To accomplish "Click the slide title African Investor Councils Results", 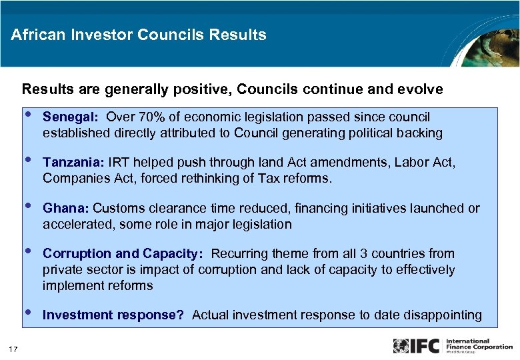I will [x=139, y=35].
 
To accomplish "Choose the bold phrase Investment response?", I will [x=113, y=315].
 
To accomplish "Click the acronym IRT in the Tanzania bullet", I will [x=119, y=163].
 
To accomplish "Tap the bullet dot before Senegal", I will [x=27, y=115].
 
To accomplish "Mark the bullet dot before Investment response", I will [x=27, y=312].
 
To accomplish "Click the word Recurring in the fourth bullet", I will [x=239, y=254].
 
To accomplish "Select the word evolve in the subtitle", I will [x=421, y=89].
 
